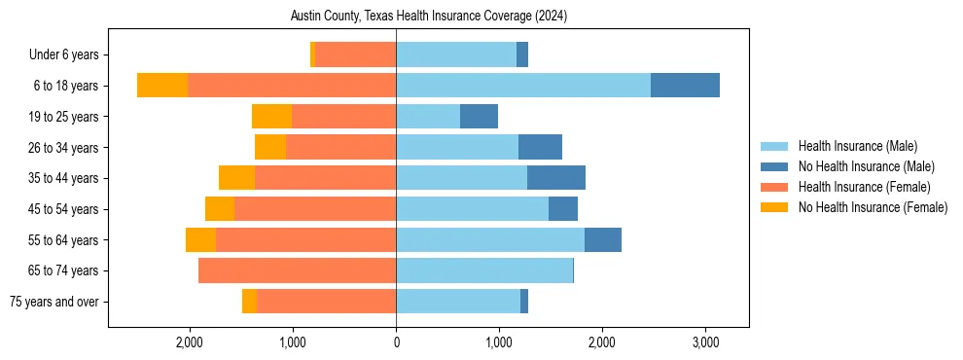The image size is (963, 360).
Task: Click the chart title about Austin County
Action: (428, 17)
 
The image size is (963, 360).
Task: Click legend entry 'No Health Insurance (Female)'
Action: (873, 207)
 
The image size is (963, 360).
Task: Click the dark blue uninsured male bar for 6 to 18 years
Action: (685, 86)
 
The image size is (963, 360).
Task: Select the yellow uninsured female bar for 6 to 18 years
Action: (162, 86)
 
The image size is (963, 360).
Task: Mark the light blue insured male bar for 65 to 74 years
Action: (484, 270)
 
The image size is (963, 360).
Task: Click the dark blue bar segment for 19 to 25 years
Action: (479, 117)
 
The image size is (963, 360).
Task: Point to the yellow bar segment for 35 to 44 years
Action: (236, 178)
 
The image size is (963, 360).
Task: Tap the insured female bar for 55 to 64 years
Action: (305, 239)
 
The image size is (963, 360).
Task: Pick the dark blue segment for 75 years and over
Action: (524, 302)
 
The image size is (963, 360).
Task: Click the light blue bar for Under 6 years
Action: (456, 55)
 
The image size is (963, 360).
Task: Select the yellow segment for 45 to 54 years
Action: (220, 209)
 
